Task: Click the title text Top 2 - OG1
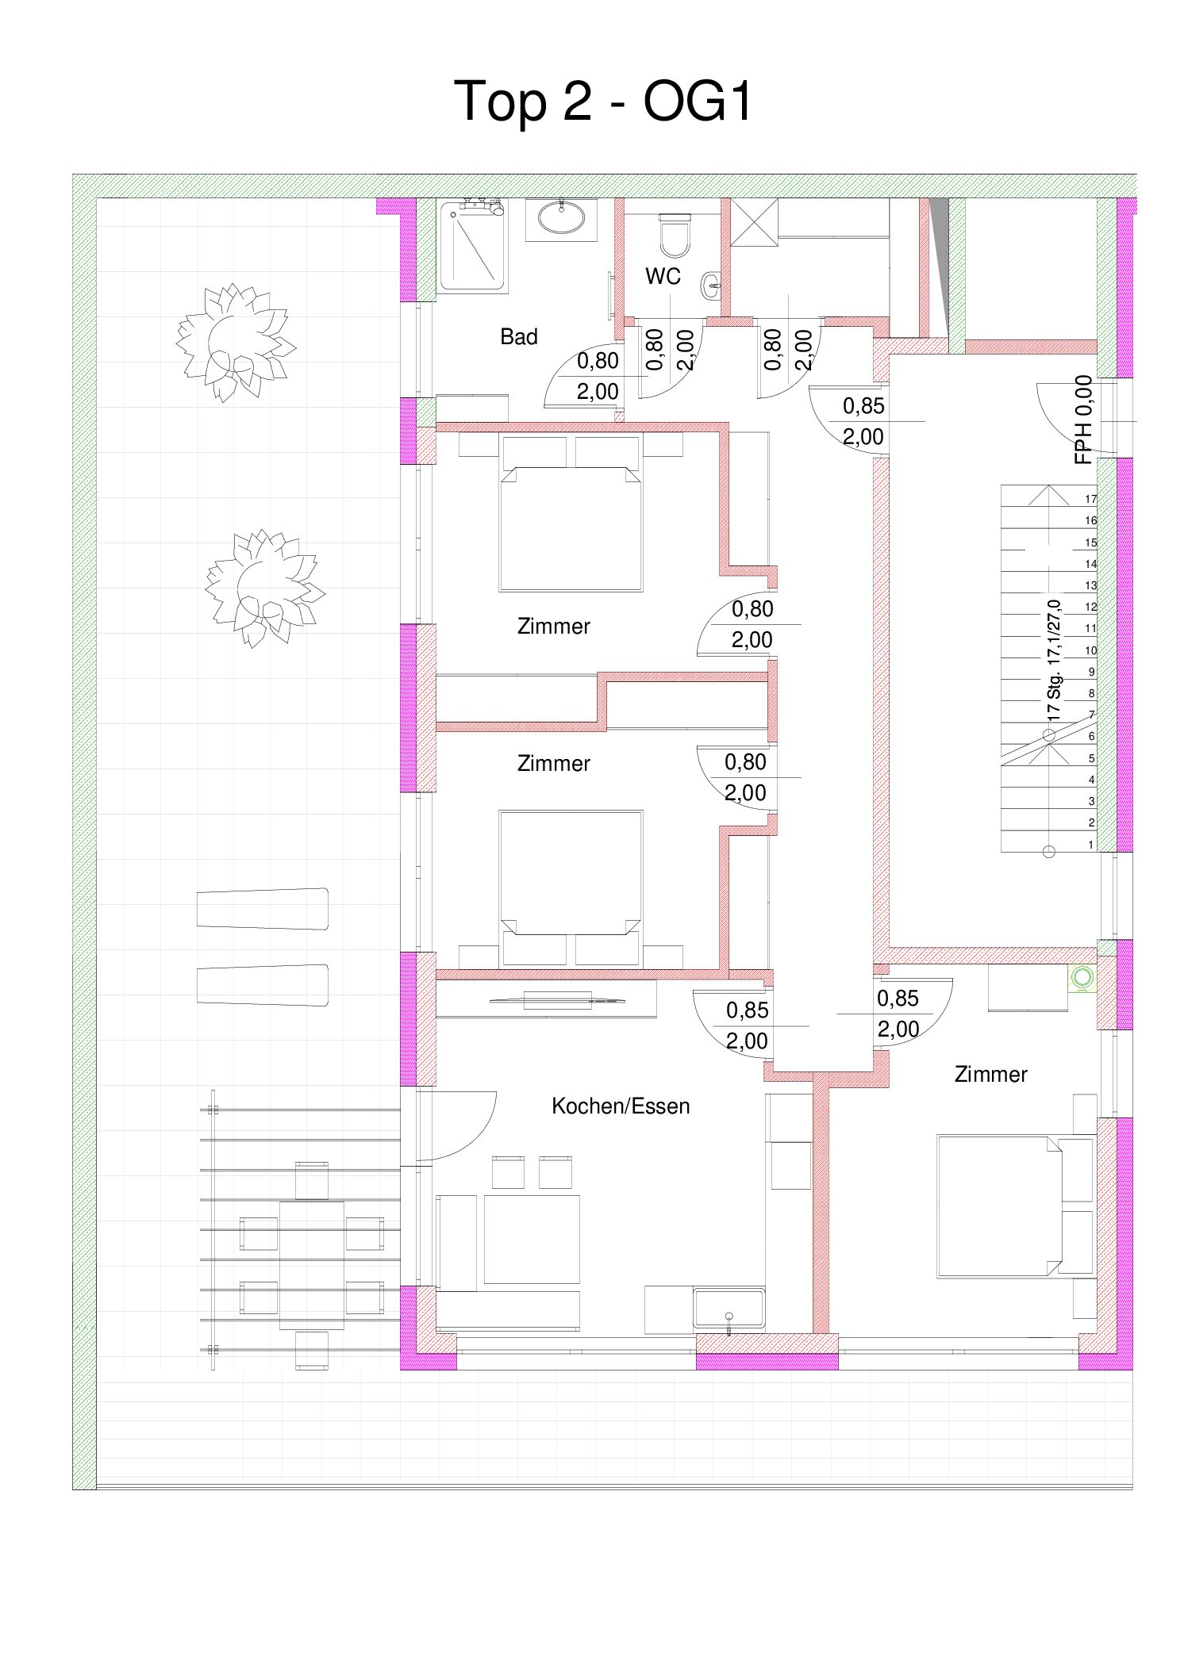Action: click(x=602, y=101)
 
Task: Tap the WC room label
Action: click(x=663, y=276)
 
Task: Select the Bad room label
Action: click(x=518, y=337)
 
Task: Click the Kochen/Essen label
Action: click(x=621, y=1106)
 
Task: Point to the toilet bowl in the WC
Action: click(x=675, y=235)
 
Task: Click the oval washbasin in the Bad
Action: click(x=563, y=218)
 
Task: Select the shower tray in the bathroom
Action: click(x=472, y=246)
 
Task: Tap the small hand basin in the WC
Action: click(x=712, y=286)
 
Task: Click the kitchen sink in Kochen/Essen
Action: click(x=729, y=1309)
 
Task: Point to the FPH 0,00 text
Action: click(x=1083, y=420)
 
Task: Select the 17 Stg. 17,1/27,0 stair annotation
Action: click(x=1054, y=660)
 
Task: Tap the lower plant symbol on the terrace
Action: click(x=264, y=588)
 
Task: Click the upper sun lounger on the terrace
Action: click(x=263, y=908)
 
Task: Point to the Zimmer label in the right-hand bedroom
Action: click(x=990, y=1075)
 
